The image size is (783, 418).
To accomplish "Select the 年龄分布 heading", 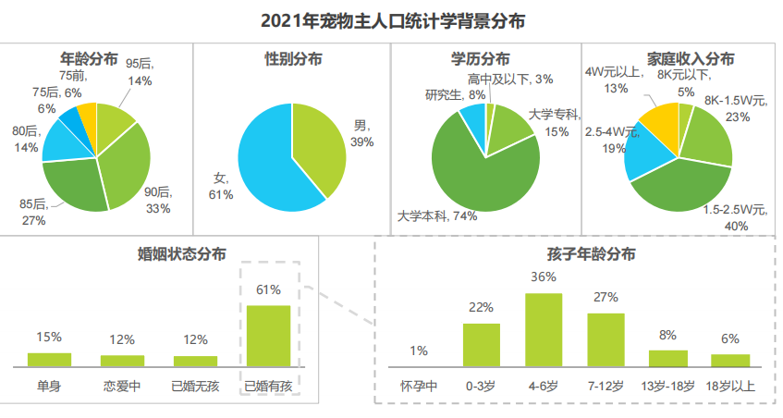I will pos(89,58).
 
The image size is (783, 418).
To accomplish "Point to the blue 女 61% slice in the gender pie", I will pos(263,166).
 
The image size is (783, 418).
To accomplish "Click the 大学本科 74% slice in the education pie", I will pos(481,176).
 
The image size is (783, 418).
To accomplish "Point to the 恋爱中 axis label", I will pos(122,386).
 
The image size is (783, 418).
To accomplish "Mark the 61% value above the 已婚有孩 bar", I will pos(268,289).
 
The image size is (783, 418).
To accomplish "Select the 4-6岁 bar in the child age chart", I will pos(544,330).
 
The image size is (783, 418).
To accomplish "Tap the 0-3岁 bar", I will pos(481,345).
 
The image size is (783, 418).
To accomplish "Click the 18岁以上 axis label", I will pos(730,386).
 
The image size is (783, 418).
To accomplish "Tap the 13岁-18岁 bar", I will pos(668,359).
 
